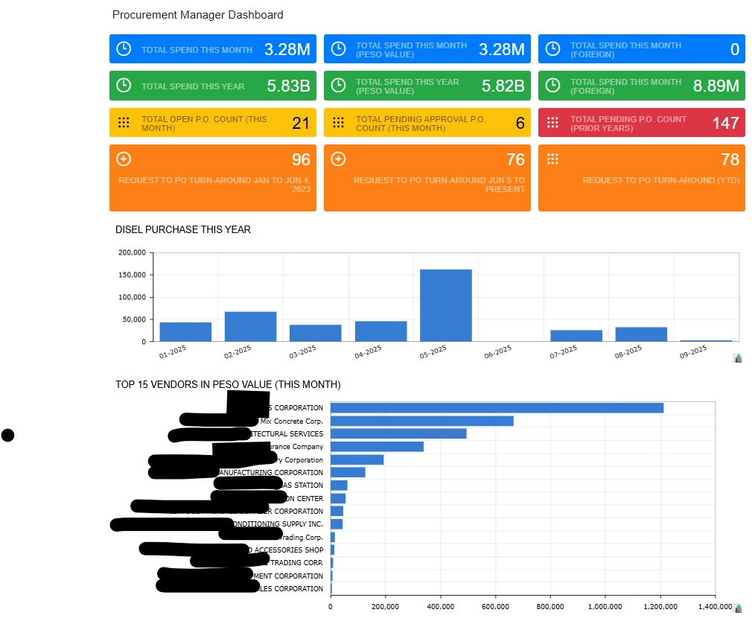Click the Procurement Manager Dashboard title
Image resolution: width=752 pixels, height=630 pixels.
(197, 15)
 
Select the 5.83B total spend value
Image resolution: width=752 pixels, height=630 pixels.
(288, 86)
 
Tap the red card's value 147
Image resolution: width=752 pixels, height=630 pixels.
(725, 123)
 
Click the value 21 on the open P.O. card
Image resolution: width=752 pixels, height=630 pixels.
(300, 123)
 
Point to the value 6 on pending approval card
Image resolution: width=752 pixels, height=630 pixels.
(520, 123)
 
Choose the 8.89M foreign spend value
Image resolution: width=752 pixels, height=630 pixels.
(716, 86)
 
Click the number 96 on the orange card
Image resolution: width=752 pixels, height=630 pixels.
(300, 159)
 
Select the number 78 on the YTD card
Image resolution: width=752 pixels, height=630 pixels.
(730, 159)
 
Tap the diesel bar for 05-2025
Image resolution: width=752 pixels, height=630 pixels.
(445, 305)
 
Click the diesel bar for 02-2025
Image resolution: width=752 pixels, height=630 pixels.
(250, 326)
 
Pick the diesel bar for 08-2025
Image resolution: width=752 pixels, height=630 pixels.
(640, 334)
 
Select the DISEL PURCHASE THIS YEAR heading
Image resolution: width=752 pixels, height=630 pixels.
(183, 229)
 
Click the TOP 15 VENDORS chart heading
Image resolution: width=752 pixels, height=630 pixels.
(228, 384)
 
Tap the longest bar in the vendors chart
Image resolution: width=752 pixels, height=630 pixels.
(497, 407)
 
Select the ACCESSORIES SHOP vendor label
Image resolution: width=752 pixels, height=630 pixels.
(288, 550)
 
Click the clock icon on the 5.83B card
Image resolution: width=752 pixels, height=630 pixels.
(124, 86)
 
